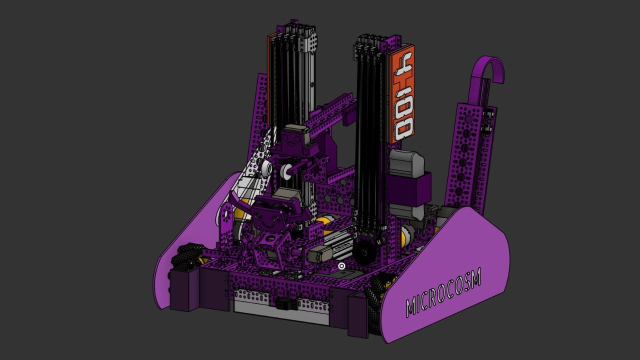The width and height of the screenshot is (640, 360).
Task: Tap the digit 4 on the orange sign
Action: (x=402, y=68)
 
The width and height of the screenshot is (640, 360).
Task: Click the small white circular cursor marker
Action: (x=341, y=266)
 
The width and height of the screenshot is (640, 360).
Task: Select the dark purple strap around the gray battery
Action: (x=408, y=188)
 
